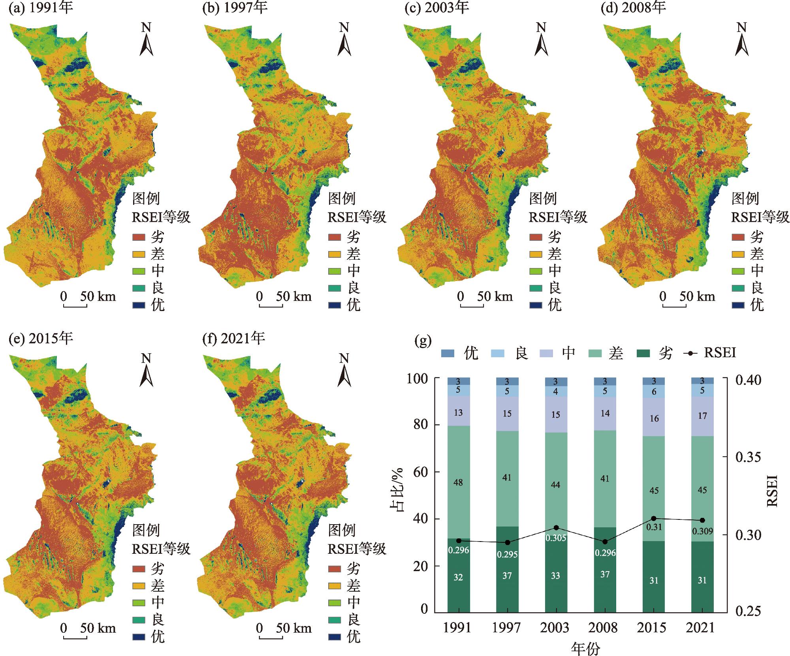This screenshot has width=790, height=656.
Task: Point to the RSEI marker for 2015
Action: coord(654,518)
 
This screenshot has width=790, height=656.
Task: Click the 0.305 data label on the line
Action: coord(556,538)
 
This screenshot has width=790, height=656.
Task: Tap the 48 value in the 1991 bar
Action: coord(458,482)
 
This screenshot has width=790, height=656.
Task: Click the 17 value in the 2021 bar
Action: coord(702,416)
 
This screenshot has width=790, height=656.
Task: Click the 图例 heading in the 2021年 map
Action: coord(342,530)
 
